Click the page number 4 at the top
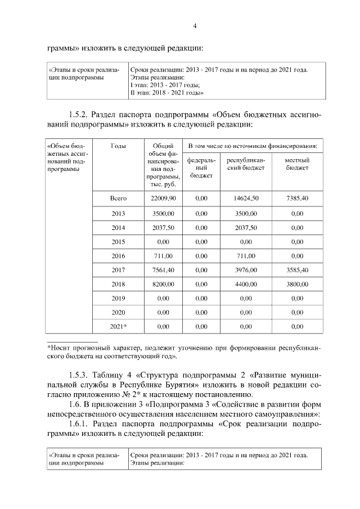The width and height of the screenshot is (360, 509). point(194,26)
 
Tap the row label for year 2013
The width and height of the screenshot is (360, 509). point(118,214)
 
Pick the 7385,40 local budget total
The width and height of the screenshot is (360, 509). point(297,199)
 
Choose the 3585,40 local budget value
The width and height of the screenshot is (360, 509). point(297,270)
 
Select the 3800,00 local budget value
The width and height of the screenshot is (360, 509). point(297,285)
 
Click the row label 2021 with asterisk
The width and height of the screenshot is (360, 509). point(118,326)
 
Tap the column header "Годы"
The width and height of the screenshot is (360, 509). point(118,146)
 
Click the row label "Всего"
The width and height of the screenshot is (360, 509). point(118,199)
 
